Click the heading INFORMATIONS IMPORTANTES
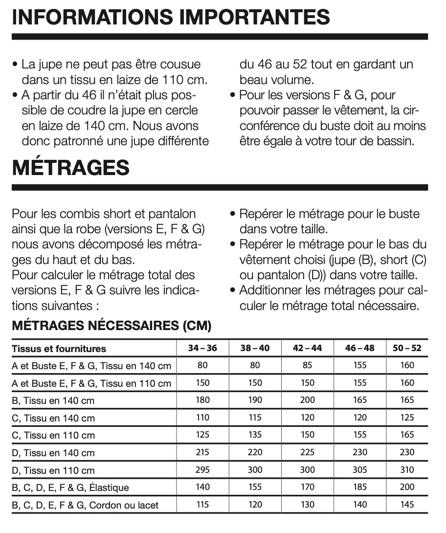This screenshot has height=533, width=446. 171,18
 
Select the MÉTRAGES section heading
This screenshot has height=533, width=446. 71,168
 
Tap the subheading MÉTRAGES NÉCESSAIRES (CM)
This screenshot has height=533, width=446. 111,326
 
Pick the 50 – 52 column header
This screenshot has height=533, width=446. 407,348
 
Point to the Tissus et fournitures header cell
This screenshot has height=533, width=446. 59,349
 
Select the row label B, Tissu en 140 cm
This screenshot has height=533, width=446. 53,400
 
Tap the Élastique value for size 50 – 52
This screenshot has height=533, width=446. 407,487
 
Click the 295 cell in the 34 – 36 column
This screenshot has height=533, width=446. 202,470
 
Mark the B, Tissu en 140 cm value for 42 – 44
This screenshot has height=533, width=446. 308,400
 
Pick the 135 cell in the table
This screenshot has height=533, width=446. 255,435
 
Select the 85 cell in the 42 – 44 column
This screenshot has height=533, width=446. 308,365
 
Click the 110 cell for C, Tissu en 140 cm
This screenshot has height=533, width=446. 202,418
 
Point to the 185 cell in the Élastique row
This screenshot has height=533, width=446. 359,487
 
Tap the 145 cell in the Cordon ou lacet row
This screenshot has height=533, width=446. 407,505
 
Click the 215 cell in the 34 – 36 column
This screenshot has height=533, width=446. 202,452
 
